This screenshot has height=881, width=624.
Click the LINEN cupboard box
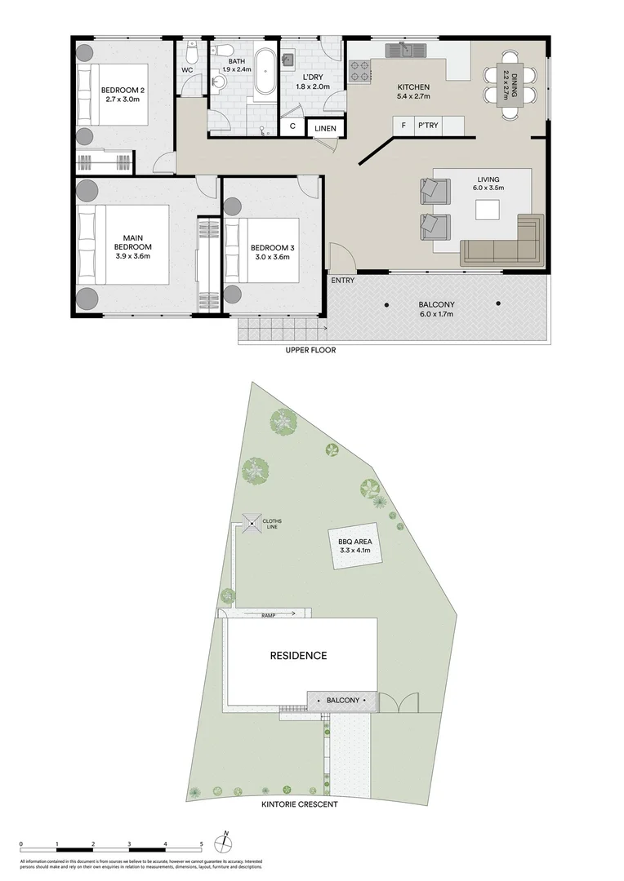[x=324, y=128]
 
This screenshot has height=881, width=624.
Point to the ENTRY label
[x=343, y=281]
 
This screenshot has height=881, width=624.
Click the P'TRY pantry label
[x=427, y=126]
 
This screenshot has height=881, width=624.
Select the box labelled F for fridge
[x=403, y=126]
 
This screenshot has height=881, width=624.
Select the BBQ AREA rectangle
[x=349, y=545]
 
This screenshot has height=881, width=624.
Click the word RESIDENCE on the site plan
[x=299, y=655]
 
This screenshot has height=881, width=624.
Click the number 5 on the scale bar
[x=201, y=844]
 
